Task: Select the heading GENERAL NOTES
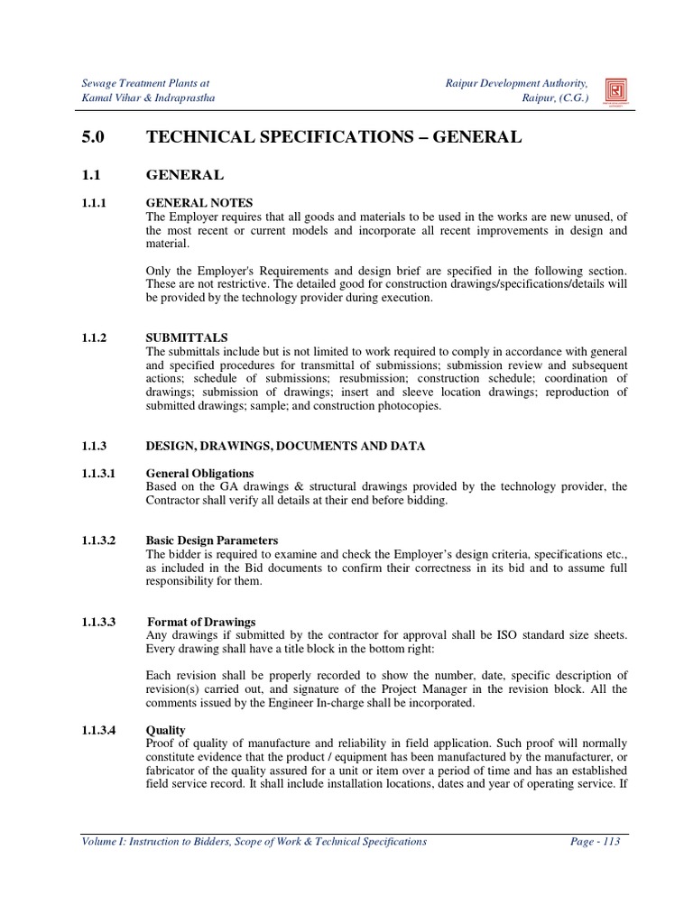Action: [199, 203]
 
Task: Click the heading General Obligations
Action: [200, 473]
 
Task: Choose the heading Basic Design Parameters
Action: [212, 541]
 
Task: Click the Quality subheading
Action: [166, 730]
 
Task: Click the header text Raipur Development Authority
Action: [516, 83]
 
